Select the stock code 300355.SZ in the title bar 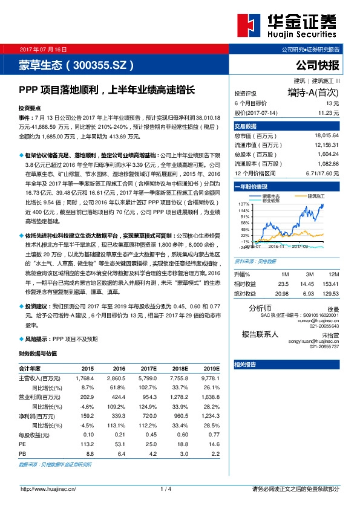pos(100,63)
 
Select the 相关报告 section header pos(246,364)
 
